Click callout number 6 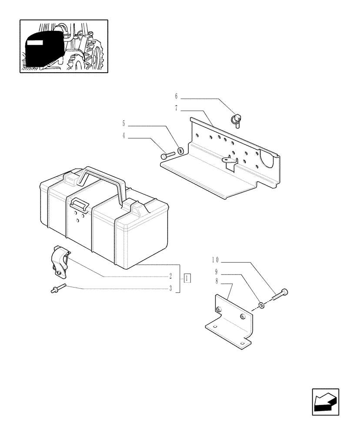point(177,96)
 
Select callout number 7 point(177,108)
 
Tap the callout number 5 point(124,124)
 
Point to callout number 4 point(124,136)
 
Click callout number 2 point(171,276)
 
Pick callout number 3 point(171,288)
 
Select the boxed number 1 point(187,278)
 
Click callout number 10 point(216,260)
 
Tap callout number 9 point(216,272)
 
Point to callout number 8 point(216,282)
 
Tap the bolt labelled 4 point(167,154)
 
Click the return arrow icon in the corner point(325,402)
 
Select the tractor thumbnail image point(63,46)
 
